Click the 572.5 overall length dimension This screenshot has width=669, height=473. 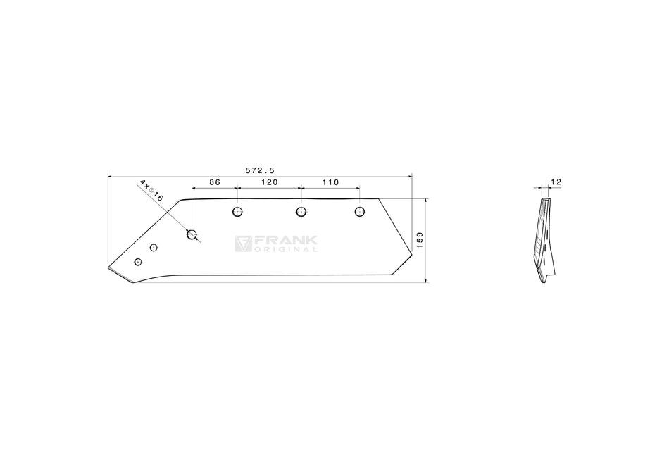[260, 170]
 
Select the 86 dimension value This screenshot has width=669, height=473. [215, 182]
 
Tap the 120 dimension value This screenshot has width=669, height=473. [269, 182]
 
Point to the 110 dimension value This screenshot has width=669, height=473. [330, 182]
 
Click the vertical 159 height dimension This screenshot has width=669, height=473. [420, 241]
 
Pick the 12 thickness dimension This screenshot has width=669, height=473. [556, 182]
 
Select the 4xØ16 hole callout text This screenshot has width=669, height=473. [151, 191]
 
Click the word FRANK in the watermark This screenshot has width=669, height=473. [286, 241]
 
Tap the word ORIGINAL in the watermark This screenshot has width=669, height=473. [286, 249]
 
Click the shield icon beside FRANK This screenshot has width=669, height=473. [243, 244]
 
